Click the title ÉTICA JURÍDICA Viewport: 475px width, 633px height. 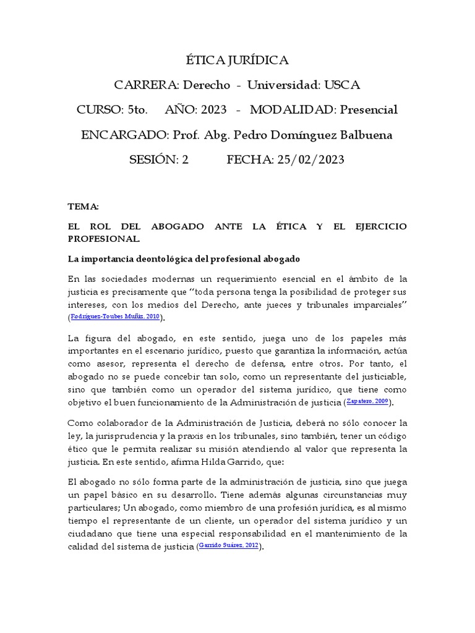click(237, 60)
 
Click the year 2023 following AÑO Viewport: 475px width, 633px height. click(213, 110)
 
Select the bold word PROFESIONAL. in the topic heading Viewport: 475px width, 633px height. click(104, 238)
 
